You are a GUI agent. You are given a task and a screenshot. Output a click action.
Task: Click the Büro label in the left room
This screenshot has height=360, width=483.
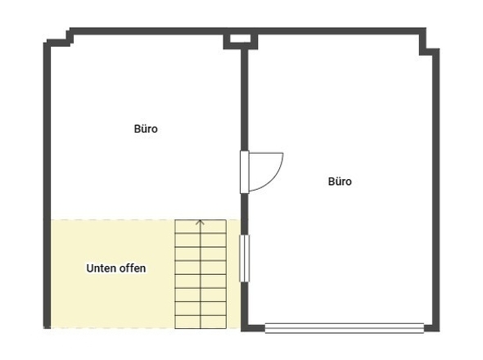pos(146,128)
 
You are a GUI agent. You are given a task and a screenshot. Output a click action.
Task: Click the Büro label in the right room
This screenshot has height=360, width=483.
pos(340,182)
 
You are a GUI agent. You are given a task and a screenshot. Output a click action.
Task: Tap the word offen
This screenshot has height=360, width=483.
pos(133,268)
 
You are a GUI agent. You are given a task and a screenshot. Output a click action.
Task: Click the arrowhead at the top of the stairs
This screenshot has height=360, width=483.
pos(201,223)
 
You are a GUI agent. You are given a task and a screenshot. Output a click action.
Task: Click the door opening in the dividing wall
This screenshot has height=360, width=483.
pos(244,172)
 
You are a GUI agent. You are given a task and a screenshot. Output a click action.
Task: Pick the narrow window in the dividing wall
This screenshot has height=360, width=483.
pos(244,258)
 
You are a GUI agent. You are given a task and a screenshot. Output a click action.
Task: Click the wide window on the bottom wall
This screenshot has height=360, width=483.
pos(345,328)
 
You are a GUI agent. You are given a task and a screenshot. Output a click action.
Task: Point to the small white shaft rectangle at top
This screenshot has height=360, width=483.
pos(240,38)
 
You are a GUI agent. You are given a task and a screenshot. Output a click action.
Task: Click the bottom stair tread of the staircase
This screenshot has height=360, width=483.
pos(201,322)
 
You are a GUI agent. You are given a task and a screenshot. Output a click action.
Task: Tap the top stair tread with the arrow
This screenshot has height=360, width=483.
pos(201,227)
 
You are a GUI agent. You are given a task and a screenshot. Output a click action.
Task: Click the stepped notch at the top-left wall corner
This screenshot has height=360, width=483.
pos(59,38)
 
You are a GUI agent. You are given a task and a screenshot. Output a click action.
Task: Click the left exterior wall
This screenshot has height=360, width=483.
pos(47,185)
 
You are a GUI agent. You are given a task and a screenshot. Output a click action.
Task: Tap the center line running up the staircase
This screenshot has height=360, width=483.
pos(201,274)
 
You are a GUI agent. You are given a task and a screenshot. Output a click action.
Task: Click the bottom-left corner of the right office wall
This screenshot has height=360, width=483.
pos(245,327)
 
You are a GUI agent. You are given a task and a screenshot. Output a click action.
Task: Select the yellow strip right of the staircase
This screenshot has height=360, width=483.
pos(233,274)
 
